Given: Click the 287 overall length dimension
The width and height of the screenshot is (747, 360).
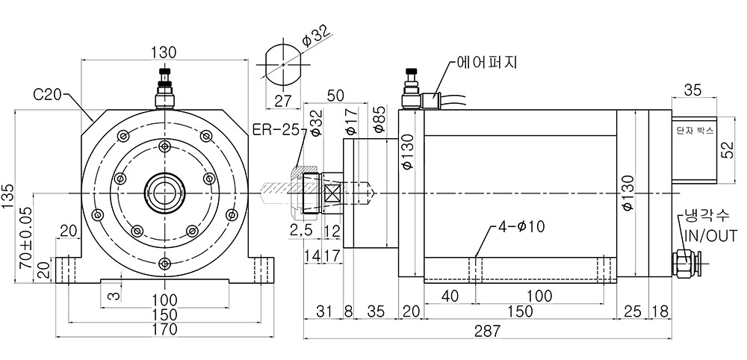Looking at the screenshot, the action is [x=487, y=330].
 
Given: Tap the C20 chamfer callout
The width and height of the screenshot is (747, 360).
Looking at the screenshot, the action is [x=47, y=94].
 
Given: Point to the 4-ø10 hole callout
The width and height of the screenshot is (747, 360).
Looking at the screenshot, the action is [x=521, y=226].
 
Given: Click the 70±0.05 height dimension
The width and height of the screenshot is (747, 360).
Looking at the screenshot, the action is [x=25, y=245].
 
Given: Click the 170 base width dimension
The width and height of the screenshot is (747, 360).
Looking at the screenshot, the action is [x=164, y=329].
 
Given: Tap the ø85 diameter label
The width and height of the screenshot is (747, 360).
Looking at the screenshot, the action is [x=379, y=122].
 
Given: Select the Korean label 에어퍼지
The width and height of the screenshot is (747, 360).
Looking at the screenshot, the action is [x=486, y=63].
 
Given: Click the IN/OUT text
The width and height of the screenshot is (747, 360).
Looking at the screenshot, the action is [x=710, y=235].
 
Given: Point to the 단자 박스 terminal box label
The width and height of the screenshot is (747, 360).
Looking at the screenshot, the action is [x=695, y=131].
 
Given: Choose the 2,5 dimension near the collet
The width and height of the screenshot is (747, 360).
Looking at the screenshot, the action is [x=301, y=231].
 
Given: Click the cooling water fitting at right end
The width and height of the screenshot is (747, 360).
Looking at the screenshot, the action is [x=684, y=264].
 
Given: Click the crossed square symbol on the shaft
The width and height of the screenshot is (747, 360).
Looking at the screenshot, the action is [x=332, y=193].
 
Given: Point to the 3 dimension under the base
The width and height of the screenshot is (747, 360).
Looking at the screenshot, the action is [x=113, y=297].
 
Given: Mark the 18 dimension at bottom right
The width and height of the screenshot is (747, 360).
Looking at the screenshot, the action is [x=660, y=312].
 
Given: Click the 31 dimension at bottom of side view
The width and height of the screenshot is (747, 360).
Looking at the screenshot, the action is [x=324, y=312].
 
